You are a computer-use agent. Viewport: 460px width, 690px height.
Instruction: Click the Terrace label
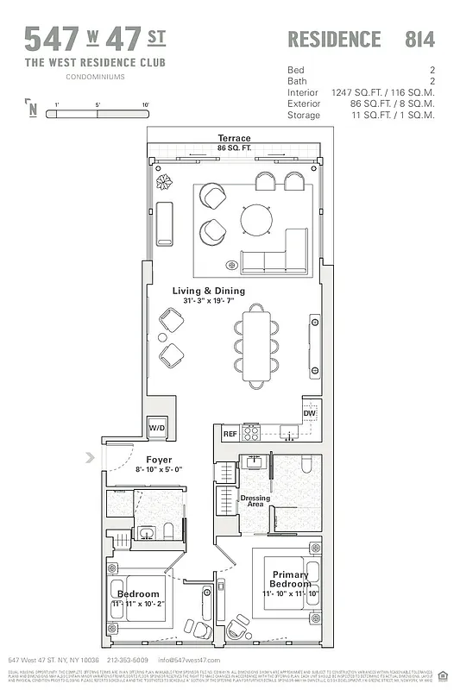point(234,138)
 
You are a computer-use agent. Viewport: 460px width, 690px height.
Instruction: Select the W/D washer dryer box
point(157,427)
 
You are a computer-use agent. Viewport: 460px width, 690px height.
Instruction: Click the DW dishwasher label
point(309,414)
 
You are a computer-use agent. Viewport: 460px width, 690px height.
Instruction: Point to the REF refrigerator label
point(230,434)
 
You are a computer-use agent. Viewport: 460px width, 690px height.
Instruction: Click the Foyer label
point(158,460)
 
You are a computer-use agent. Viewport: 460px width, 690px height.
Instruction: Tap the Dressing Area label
point(255,501)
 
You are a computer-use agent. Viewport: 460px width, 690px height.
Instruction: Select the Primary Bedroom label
point(289,579)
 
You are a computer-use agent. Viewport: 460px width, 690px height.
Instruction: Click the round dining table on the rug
point(257,219)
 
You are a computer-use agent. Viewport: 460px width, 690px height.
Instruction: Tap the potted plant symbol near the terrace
point(163,182)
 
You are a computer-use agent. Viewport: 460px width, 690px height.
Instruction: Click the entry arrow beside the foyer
point(90,458)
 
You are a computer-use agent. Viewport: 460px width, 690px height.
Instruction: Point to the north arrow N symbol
point(32,109)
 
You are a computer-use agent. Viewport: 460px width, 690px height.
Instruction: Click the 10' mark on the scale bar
point(145,104)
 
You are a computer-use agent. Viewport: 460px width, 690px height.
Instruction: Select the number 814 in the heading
point(419,39)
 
